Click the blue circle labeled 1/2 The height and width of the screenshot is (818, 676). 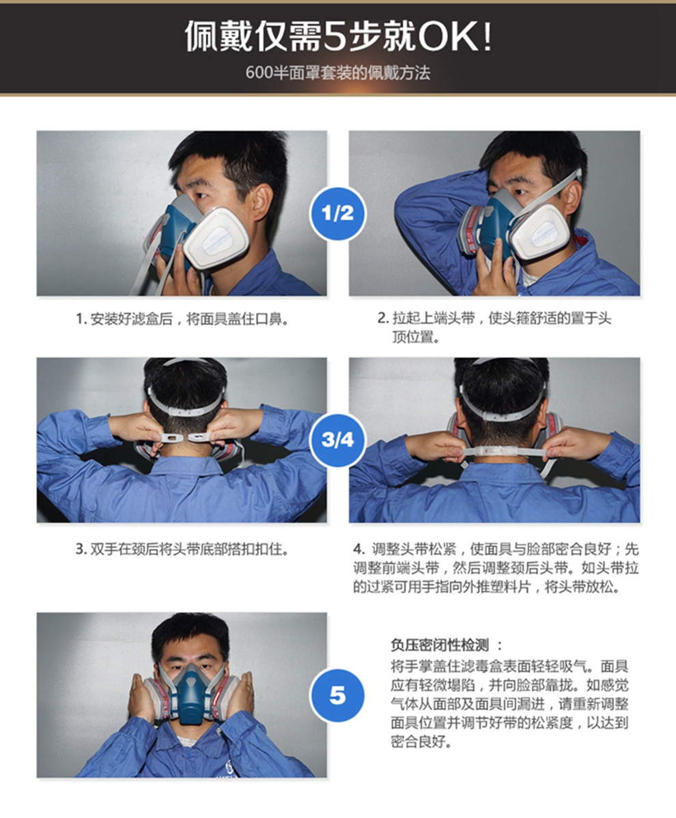(x=337, y=213)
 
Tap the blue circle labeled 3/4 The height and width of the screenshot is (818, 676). (x=337, y=440)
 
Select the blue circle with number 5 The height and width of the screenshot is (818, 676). (x=337, y=695)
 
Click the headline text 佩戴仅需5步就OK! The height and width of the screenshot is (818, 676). (x=338, y=36)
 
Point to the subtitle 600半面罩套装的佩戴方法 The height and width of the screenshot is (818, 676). (x=338, y=72)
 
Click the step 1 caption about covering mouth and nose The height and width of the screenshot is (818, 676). (x=182, y=319)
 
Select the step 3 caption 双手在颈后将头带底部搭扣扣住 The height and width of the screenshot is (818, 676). (x=182, y=549)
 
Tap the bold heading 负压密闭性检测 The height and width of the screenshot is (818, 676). (x=447, y=645)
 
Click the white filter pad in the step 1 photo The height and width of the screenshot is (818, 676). (x=216, y=239)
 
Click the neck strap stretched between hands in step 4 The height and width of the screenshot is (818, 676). (x=501, y=452)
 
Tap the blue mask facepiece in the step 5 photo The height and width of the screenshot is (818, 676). (x=191, y=693)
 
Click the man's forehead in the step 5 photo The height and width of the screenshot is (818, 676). (x=191, y=643)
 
